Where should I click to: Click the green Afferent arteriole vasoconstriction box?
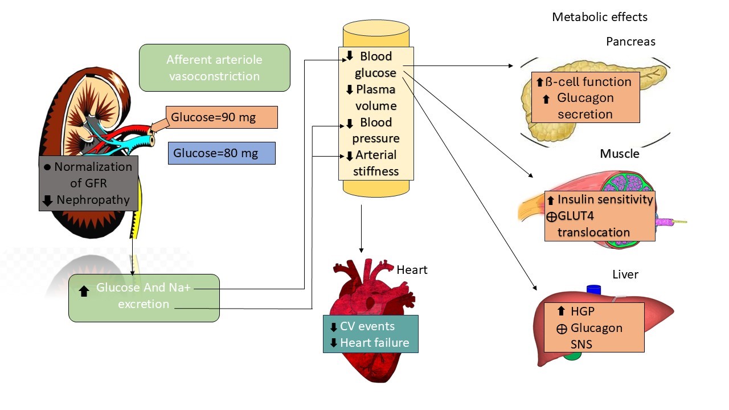tap(214, 68)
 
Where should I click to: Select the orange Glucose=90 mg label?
tap(222, 118)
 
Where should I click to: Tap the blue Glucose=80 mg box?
tap(222, 153)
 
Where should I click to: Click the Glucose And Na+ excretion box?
tap(144, 297)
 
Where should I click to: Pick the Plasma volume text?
tap(376, 97)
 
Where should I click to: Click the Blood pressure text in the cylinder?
tap(375, 130)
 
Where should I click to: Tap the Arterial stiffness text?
tap(375, 163)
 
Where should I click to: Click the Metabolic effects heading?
tap(599, 17)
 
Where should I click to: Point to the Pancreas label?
tap(630, 42)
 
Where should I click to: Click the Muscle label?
tap(619, 154)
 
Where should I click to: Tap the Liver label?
tap(625, 274)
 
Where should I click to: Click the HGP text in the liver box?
tap(581, 311)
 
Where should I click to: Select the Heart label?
tap(412, 269)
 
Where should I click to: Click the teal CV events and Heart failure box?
tap(370, 334)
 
